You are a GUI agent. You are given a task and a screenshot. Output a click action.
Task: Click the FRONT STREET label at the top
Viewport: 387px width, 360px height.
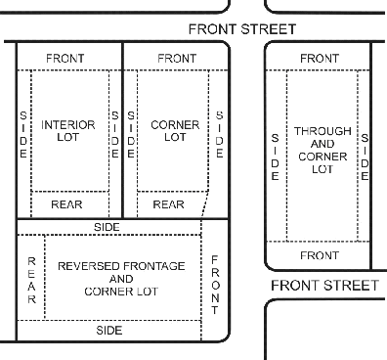242,29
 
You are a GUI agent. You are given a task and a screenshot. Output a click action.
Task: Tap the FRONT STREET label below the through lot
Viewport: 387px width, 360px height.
324,286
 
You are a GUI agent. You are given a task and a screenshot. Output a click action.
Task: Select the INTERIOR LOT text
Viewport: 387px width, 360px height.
68,131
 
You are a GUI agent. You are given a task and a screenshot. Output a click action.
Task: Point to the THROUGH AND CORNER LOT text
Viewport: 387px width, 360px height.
322,150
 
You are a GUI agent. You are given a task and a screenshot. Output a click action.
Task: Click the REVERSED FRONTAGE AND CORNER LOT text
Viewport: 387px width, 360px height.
121,279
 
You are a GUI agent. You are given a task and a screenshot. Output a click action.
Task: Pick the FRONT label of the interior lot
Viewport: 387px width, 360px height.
65,59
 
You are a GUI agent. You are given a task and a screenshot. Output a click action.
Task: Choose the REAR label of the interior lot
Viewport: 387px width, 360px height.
66,204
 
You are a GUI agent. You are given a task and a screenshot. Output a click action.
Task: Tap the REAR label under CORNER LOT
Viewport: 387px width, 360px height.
168,204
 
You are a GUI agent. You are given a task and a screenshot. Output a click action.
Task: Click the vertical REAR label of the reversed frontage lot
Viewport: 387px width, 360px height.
31,281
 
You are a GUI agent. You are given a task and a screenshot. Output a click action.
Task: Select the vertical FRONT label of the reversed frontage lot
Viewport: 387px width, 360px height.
215,285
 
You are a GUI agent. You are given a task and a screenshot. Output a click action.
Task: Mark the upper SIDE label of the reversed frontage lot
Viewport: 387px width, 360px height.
107,227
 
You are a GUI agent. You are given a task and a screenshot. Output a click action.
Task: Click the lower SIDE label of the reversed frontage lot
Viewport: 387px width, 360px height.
109,331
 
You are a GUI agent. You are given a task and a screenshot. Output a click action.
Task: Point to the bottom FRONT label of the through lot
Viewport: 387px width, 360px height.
320,255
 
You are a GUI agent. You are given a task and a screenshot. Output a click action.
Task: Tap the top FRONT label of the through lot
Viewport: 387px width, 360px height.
320,59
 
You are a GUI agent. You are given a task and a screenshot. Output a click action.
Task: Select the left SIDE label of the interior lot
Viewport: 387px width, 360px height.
23,135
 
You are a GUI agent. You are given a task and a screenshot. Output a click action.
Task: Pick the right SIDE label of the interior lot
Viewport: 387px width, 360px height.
115,135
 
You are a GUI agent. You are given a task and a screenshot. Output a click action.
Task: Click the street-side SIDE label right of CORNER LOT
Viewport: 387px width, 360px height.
220,134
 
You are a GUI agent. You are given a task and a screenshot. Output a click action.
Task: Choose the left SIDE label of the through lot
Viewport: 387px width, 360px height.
276,157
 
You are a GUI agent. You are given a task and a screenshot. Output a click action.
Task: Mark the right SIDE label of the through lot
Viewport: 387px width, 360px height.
365,157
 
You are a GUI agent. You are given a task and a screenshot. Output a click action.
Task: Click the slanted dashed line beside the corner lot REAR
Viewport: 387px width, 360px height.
205,204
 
